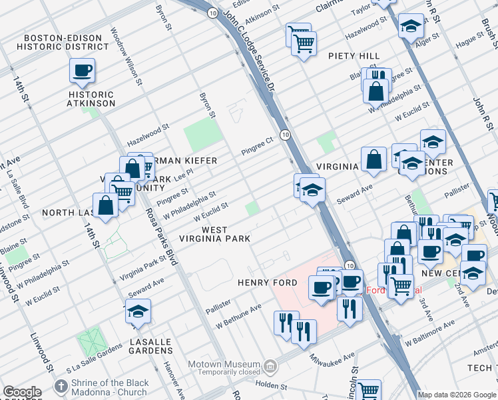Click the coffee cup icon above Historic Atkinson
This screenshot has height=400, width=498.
[82, 70]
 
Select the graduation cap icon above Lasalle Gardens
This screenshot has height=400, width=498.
[138, 311]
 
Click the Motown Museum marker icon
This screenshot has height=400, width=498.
[270, 365]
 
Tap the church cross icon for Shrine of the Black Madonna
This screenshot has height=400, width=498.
[61, 386]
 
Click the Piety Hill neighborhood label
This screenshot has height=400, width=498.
[354, 57]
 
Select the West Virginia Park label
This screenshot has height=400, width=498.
[216, 234]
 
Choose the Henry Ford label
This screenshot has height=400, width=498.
[268, 283]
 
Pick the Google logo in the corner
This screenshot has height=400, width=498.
[22, 392]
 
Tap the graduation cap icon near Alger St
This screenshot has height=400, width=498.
[410, 26]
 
